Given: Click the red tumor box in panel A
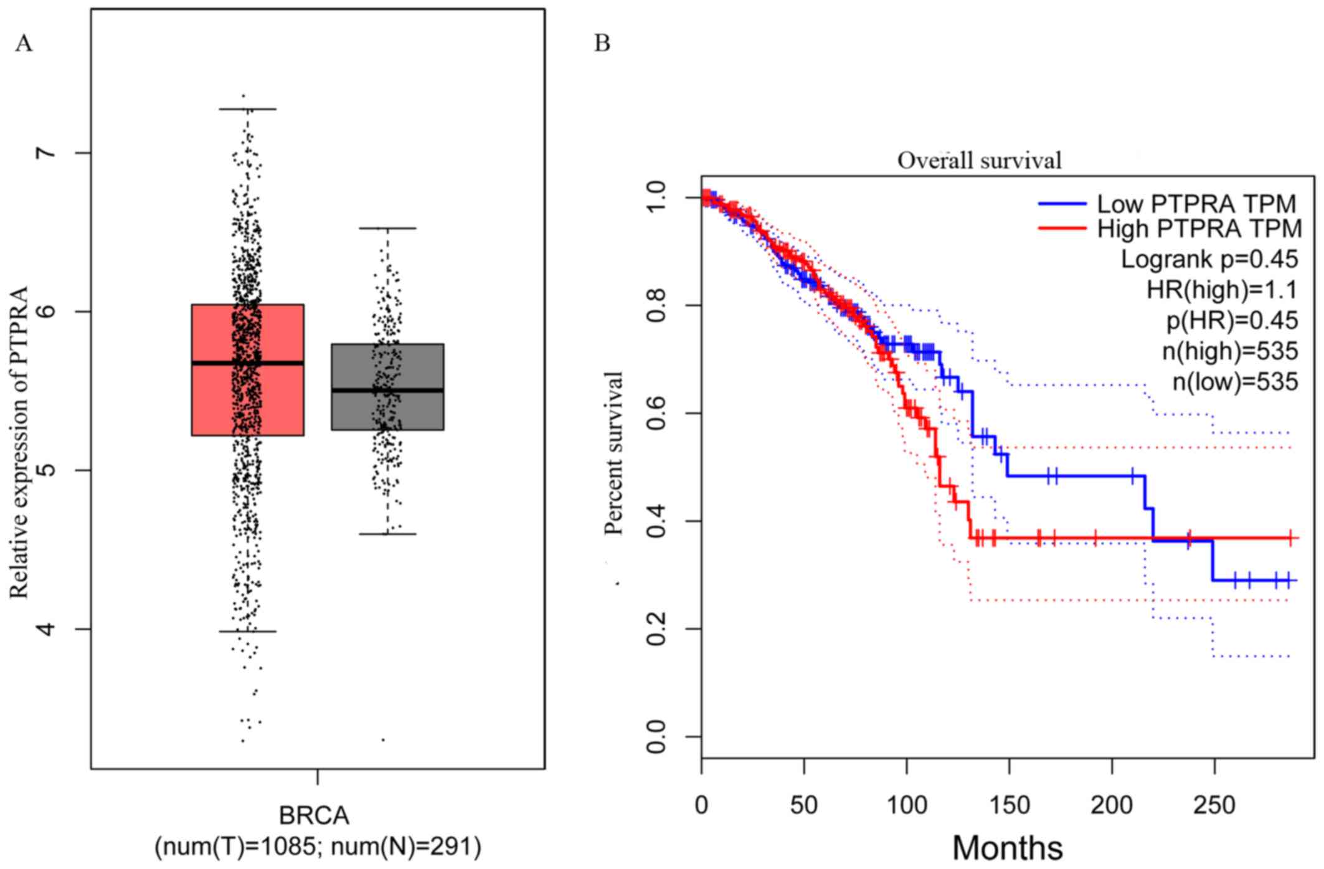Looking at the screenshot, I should (212, 370).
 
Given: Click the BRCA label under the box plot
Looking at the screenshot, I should (314, 815).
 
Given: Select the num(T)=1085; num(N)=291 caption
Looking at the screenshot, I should (318, 847).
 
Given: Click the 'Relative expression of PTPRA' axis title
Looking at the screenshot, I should (20, 442).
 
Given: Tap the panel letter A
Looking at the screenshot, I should (24, 44).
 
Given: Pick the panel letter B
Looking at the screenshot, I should (602, 43).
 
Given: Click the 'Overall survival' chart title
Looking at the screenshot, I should (979, 161).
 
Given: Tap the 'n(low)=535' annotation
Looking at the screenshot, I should (1235, 381).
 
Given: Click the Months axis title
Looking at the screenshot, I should (1007, 848).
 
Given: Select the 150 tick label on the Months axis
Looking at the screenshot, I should (1009, 805).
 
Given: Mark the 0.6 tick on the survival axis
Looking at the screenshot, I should (657, 413).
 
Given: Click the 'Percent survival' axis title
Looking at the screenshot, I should (614, 453).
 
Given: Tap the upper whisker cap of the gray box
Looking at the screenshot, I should (387, 229).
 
